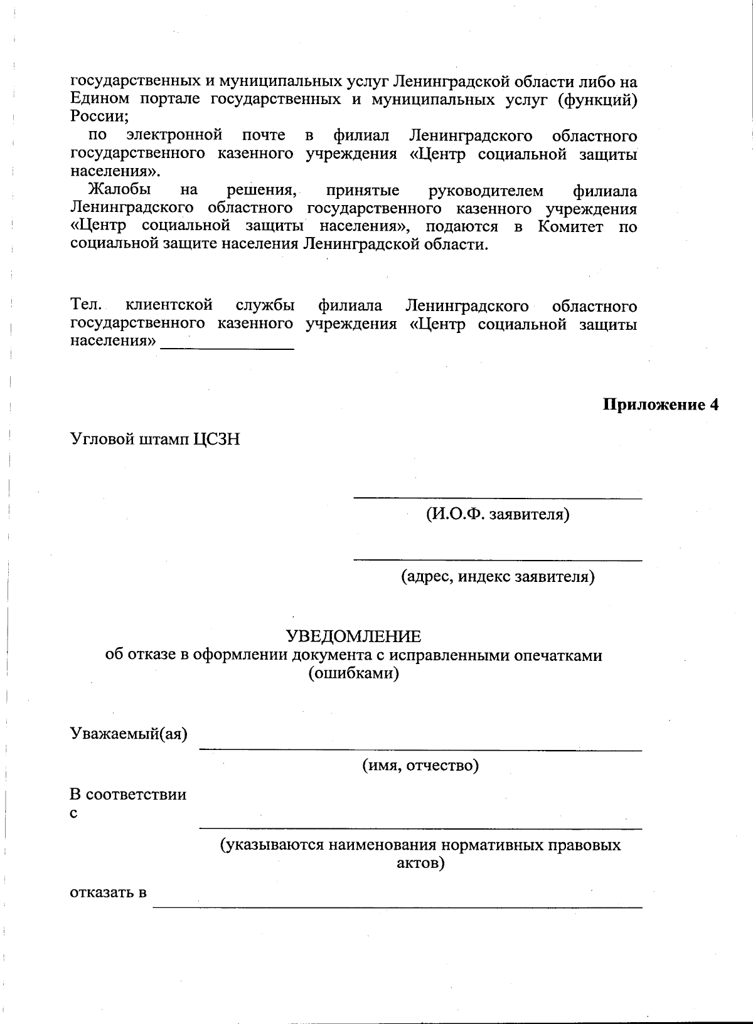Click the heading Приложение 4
pyautogui.click(x=660, y=404)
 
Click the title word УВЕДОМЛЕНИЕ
pyautogui.click(x=353, y=637)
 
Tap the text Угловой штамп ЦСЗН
pyautogui.click(x=154, y=439)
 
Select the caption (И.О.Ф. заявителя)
pyautogui.click(x=498, y=515)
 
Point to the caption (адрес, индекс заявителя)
pyautogui.click(x=498, y=576)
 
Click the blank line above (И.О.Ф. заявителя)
pyautogui.click(x=498, y=498)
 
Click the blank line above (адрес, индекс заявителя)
pyautogui.click(x=498, y=559)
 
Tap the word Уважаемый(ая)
pyautogui.click(x=129, y=734)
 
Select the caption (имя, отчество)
pyautogui.click(x=420, y=765)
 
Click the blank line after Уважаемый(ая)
pyautogui.click(x=420, y=749)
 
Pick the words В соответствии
pyautogui.click(x=127, y=795)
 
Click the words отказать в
pyautogui.click(x=108, y=892)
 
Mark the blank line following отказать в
pyautogui.click(x=398, y=907)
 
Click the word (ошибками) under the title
pyautogui.click(x=353, y=673)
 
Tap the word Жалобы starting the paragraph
pyautogui.click(x=119, y=190)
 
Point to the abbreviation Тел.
pyautogui.click(x=85, y=305)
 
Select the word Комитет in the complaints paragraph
pyautogui.click(x=570, y=226)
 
